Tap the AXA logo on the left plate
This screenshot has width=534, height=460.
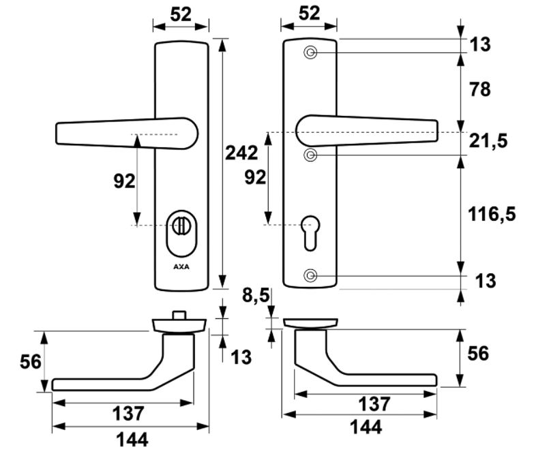181,266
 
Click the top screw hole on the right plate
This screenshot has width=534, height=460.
311,53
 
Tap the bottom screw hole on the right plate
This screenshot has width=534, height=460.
311,275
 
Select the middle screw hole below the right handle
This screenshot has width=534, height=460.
311,155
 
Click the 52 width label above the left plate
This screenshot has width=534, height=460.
181,13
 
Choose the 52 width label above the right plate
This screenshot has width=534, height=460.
309,13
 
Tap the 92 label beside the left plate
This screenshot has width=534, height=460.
124,181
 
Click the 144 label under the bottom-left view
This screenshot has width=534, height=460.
132,440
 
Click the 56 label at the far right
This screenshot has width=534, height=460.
480,354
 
